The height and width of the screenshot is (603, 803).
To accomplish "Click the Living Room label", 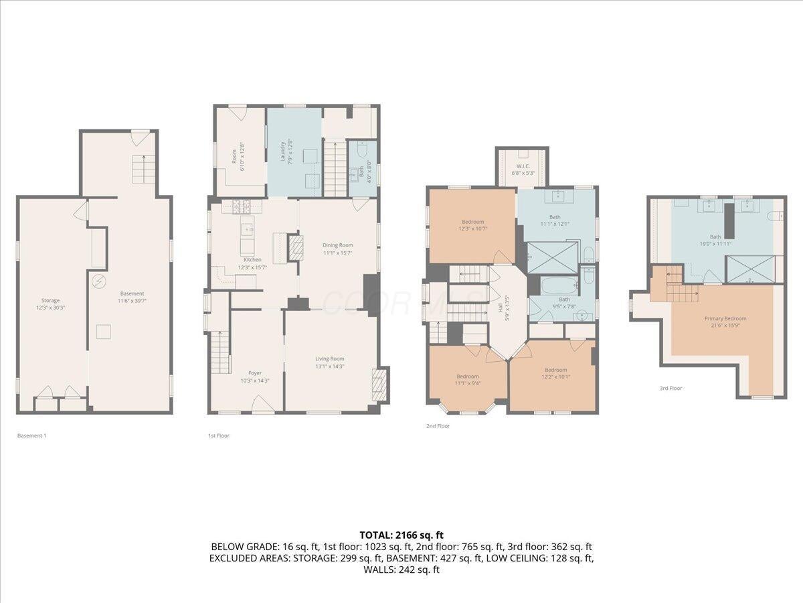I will click(x=330, y=358).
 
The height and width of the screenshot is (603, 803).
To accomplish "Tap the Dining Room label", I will click(x=337, y=245).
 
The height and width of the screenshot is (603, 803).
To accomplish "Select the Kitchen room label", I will click(x=252, y=259).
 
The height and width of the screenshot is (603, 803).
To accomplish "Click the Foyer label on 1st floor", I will click(x=255, y=373).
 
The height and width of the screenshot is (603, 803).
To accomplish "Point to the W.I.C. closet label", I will click(x=523, y=165).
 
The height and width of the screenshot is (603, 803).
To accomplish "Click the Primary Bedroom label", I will click(x=725, y=318).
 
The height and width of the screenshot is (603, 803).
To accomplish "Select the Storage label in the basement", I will click(x=50, y=300).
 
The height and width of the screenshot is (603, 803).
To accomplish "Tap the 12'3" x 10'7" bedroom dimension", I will click(x=472, y=229).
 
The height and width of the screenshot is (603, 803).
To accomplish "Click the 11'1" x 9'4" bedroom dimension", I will click(x=468, y=383).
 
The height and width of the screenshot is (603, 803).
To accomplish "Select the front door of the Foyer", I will click(x=260, y=403).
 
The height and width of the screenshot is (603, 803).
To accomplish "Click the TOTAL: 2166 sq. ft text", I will click(x=401, y=535).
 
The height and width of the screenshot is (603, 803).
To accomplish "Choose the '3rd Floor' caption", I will click(x=671, y=388).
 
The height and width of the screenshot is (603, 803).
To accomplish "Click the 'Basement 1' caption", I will click(x=31, y=435).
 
